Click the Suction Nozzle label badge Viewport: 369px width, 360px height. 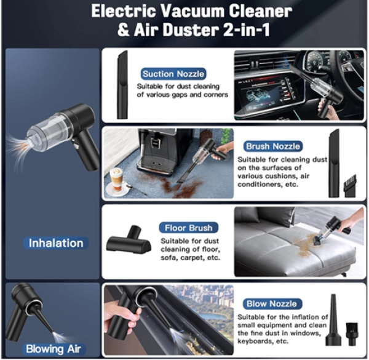pyautogui.click(x=173, y=74)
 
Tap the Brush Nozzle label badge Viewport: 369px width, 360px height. pyautogui.click(x=273, y=146)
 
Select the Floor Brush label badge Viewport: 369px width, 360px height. pyautogui.click(x=189, y=228)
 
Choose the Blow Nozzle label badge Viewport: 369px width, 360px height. pyautogui.click(x=272, y=304)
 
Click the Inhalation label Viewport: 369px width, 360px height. pyautogui.click(x=56, y=243)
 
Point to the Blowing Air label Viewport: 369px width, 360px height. pyautogui.click(x=54, y=349)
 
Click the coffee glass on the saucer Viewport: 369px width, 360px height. pyautogui.click(x=116, y=180)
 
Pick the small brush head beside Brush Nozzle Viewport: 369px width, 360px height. pyautogui.click(x=350, y=186)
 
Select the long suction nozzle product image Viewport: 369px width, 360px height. pyautogui.click(x=122, y=84)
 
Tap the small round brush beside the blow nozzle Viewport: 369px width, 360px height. pyautogui.click(x=352, y=334)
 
